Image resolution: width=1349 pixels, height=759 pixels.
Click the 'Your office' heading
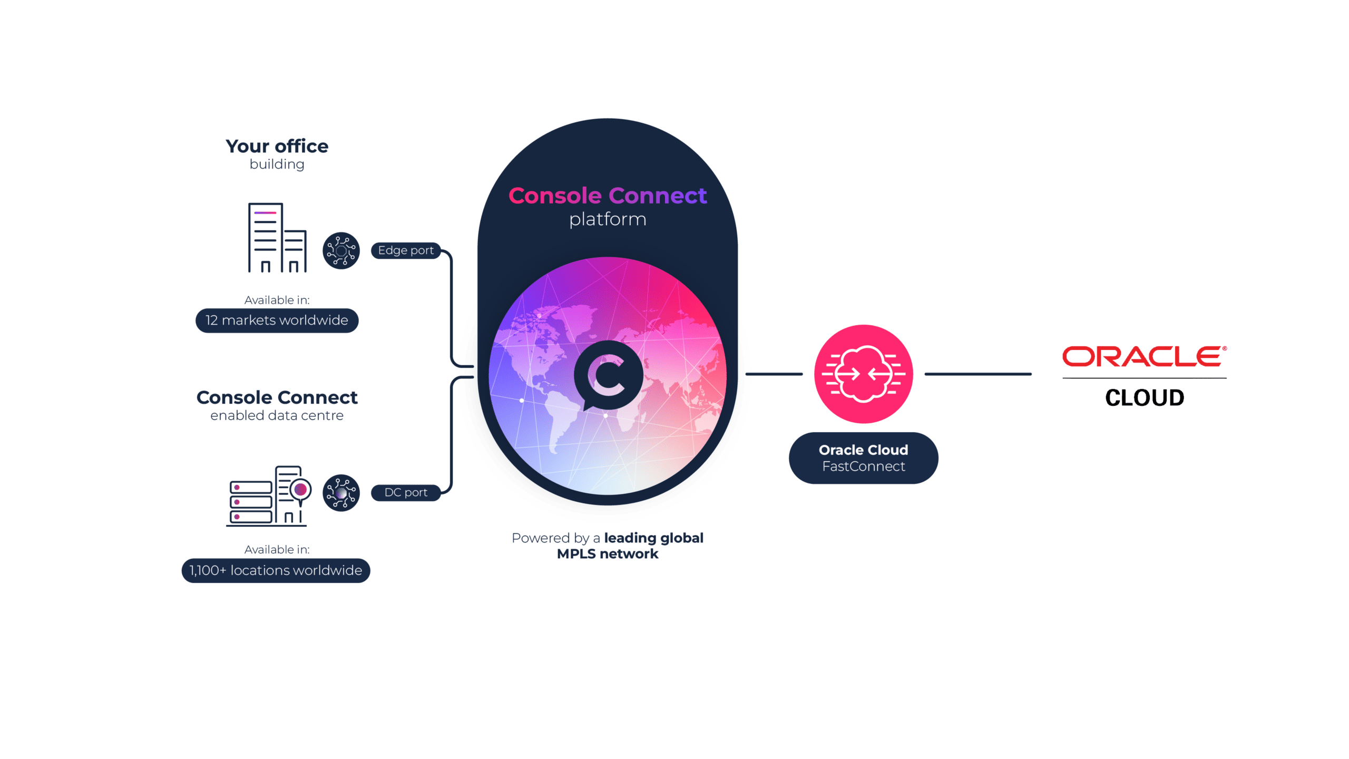(277, 146)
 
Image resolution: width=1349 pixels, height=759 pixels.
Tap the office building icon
(277, 238)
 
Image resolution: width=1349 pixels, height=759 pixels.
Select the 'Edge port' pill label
(406, 250)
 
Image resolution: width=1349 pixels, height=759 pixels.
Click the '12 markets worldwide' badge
(277, 320)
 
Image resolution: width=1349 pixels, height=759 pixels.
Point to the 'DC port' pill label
(406, 492)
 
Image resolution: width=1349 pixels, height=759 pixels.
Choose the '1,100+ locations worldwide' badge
(276, 570)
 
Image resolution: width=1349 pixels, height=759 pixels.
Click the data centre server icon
(269, 496)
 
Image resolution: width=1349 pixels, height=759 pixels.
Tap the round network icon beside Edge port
(341, 250)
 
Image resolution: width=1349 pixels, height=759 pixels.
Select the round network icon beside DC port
(341, 492)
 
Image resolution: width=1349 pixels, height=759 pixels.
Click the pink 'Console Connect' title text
(607, 196)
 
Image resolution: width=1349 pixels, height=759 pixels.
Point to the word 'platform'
(608, 219)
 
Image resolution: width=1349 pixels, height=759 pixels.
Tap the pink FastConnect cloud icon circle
(863, 374)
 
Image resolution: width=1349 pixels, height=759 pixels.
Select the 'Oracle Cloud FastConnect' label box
(863, 458)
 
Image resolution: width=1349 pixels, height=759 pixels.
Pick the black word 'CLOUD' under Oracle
(1145, 397)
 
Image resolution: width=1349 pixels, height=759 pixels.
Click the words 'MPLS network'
(608, 554)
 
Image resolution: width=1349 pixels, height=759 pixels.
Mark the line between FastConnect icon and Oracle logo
(978, 374)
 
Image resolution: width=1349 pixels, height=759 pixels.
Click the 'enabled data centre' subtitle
(277, 416)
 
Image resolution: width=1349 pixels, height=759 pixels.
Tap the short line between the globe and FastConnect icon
(774, 374)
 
